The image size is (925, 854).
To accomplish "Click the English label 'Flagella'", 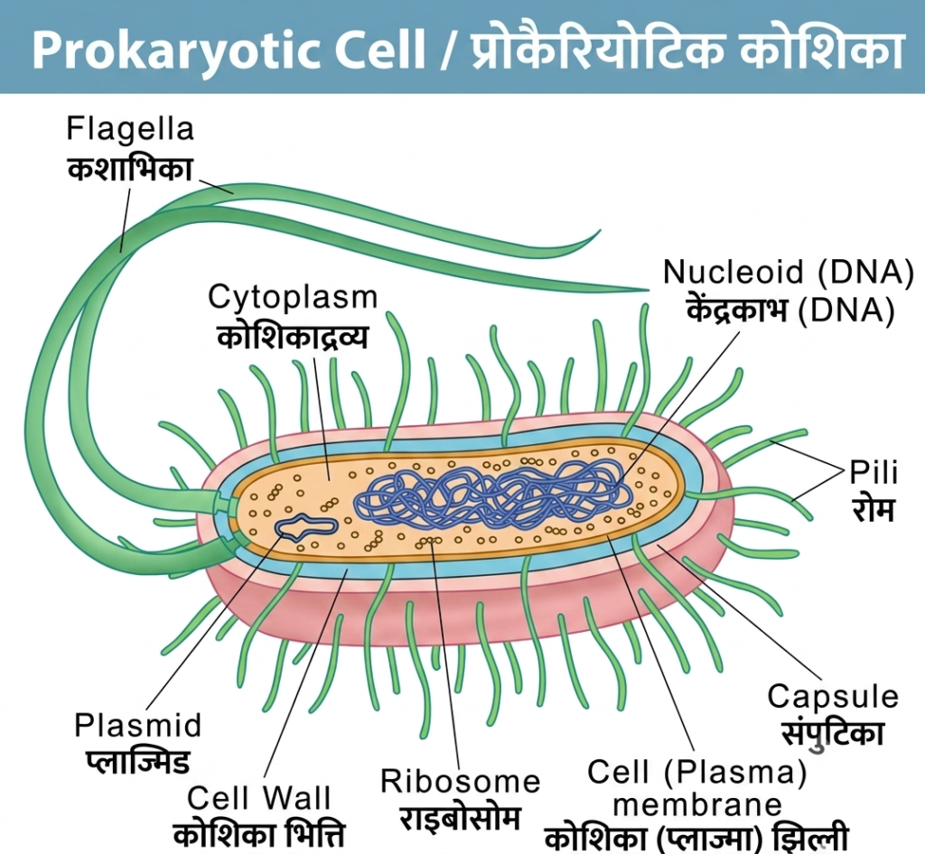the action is pyautogui.click(x=130, y=129).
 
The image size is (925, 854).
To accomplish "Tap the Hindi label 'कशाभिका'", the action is pyautogui.click(x=130, y=169).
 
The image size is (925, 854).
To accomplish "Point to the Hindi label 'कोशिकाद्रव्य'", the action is pyautogui.click(x=293, y=337).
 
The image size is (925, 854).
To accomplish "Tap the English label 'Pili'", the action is pyautogui.click(x=874, y=473).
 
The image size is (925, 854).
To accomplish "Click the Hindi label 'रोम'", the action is pyautogui.click(x=874, y=509).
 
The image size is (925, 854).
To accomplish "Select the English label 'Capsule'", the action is pyautogui.click(x=833, y=697).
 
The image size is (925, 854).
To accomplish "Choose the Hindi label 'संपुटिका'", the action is pyautogui.click(x=833, y=734).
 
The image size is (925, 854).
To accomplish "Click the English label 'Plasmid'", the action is pyautogui.click(x=137, y=726).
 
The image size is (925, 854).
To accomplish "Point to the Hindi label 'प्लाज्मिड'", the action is pyautogui.click(x=138, y=762).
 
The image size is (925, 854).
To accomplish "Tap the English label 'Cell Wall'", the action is pyautogui.click(x=258, y=799).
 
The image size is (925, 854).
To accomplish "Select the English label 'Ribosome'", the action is pyautogui.click(x=460, y=782).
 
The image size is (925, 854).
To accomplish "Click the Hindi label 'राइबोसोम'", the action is pyautogui.click(x=460, y=818).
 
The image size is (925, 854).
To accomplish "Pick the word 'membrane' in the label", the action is pyautogui.click(x=697, y=805).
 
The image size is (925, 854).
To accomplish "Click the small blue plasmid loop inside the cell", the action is pyautogui.click(x=306, y=527).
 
